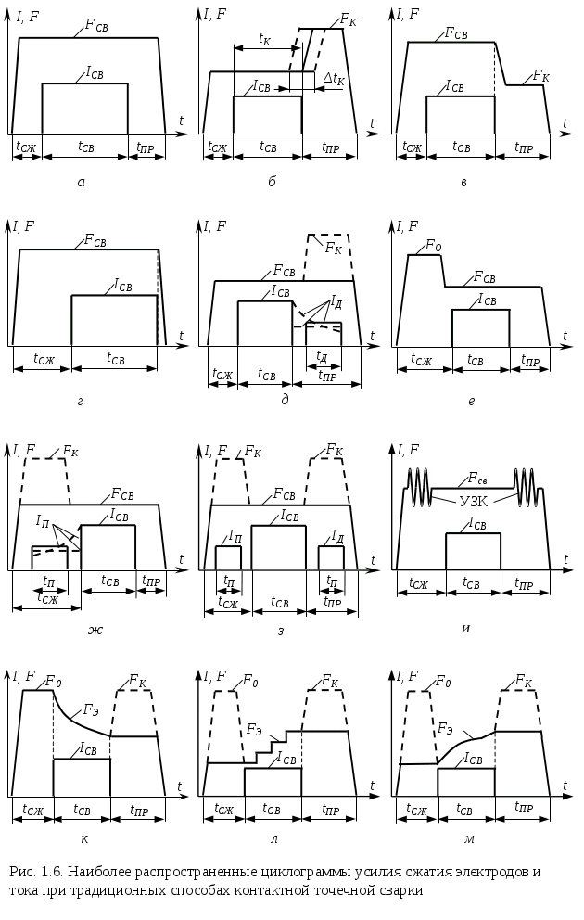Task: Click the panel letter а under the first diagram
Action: (x=81, y=183)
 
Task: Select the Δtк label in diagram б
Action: (x=334, y=80)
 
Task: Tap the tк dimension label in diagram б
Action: (x=264, y=40)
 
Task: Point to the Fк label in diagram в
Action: (x=541, y=76)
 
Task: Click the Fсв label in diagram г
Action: (x=95, y=239)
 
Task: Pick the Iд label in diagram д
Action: (x=336, y=302)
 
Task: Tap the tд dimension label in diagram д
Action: (x=321, y=355)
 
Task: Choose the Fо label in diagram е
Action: (x=433, y=245)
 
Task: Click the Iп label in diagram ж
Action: (x=42, y=521)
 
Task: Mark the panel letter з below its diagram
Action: (x=281, y=632)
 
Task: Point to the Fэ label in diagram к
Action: (x=90, y=710)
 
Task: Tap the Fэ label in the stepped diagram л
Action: (x=255, y=730)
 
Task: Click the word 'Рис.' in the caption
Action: (x=21, y=871)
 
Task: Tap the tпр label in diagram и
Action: (x=524, y=582)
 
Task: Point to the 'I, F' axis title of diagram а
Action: (x=26, y=17)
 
